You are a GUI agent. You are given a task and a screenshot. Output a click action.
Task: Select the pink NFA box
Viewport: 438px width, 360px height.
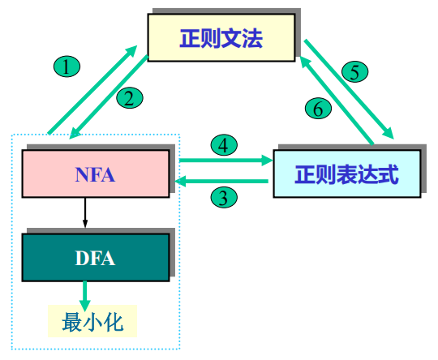click(97, 173)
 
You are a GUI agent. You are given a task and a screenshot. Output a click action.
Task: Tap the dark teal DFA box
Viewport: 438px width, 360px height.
click(96, 259)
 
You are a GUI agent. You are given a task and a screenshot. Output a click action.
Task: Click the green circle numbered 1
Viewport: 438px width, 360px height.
click(66, 66)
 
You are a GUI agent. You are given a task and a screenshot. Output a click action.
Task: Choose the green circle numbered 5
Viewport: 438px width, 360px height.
click(354, 71)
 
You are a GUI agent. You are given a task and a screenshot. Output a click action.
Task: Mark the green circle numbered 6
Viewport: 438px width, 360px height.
click(319, 106)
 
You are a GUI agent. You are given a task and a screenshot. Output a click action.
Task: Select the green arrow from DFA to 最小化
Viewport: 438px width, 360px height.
click(84, 292)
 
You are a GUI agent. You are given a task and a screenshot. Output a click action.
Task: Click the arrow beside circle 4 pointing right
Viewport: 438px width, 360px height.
click(225, 161)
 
